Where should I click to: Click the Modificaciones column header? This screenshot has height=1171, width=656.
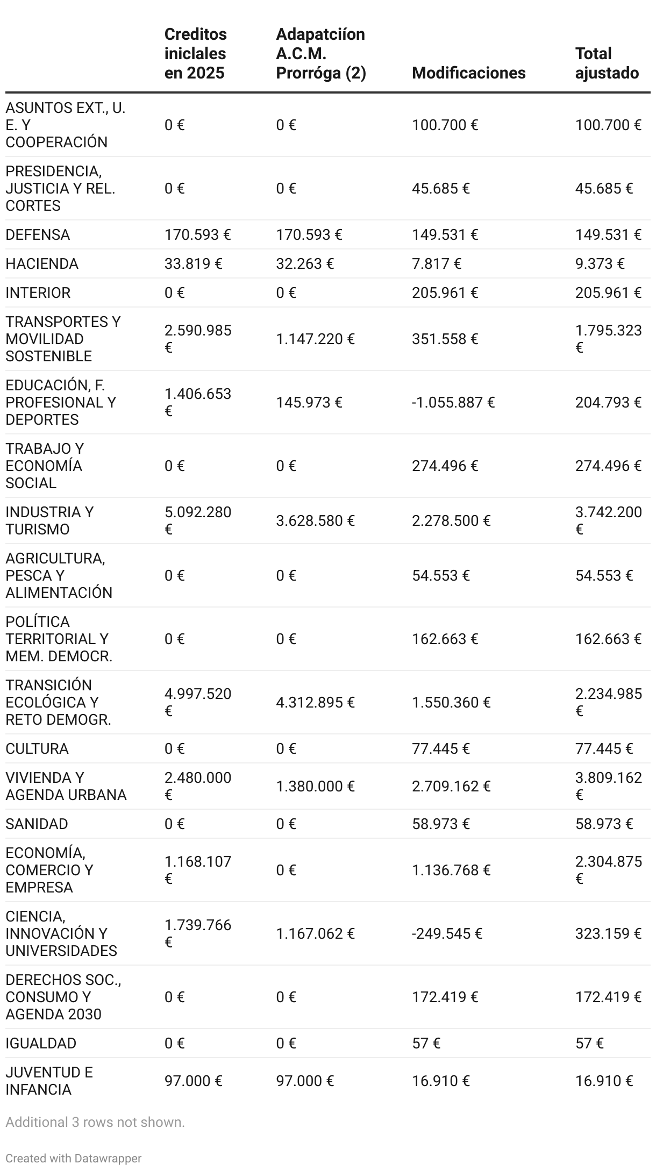pyautogui.click(x=468, y=73)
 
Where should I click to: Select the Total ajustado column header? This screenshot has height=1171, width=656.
pyautogui.click(x=607, y=63)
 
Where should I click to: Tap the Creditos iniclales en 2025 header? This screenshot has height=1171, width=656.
pyautogui.click(x=195, y=53)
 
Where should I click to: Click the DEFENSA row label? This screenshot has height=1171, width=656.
pyautogui.click(x=38, y=234)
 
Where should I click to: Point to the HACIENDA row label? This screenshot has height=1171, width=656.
pyautogui.click(x=42, y=263)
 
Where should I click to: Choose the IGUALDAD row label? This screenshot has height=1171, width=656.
pyautogui.click(x=41, y=1043)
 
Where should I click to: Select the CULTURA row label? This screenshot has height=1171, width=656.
pyautogui.click(x=37, y=748)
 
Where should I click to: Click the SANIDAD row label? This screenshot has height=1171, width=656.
pyautogui.click(x=37, y=824)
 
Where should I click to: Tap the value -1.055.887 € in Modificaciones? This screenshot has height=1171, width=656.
pyautogui.click(x=453, y=402)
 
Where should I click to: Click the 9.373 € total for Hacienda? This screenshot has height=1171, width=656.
pyautogui.click(x=600, y=263)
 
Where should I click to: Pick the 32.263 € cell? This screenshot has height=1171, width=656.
pyautogui.click(x=304, y=263)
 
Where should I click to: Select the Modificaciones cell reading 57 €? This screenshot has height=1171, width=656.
pyautogui.click(x=426, y=1043)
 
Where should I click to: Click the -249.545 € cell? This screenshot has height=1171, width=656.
pyautogui.click(x=447, y=933)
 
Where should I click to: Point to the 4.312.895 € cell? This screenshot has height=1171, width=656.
pyautogui.click(x=315, y=702)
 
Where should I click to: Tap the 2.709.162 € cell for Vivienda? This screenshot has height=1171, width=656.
pyautogui.click(x=451, y=786)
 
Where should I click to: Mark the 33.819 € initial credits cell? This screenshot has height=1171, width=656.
pyautogui.click(x=193, y=263)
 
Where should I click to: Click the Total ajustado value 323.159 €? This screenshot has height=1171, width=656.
pyautogui.click(x=608, y=933)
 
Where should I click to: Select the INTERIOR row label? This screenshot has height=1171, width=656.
pyautogui.click(x=38, y=292)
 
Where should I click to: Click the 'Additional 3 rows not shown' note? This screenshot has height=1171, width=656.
pyautogui.click(x=95, y=1122)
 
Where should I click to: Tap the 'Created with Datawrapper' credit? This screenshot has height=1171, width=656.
pyautogui.click(x=74, y=1158)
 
